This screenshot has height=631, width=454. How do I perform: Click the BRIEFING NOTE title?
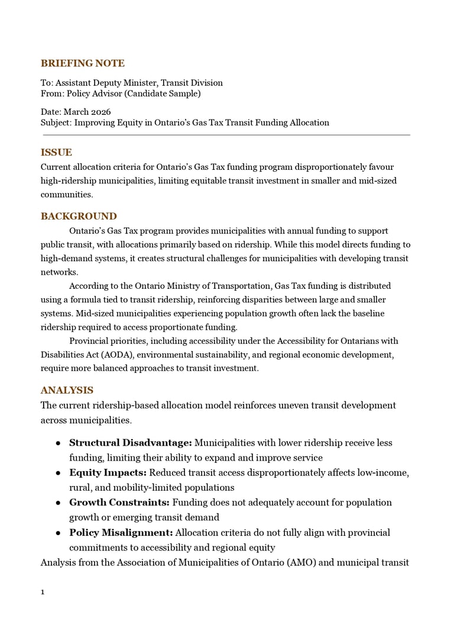(x=82, y=63)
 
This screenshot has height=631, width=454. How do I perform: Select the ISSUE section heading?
(x=56, y=152)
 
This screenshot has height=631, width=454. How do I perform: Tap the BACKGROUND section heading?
(x=79, y=216)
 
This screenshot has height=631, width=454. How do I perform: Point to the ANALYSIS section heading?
(x=67, y=390)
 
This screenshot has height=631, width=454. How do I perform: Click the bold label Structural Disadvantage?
(x=130, y=443)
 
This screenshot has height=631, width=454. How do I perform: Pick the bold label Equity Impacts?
(x=108, y=472)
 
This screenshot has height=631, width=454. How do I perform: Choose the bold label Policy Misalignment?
(x=121, y=533)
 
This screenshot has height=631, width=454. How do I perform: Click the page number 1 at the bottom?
(x=43, y=592)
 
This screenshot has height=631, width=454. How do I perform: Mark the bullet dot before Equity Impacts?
(x=59, y=473)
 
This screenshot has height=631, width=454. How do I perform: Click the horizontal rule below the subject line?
(x=226, y=135)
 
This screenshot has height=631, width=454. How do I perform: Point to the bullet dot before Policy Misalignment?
(x=59, y=533)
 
